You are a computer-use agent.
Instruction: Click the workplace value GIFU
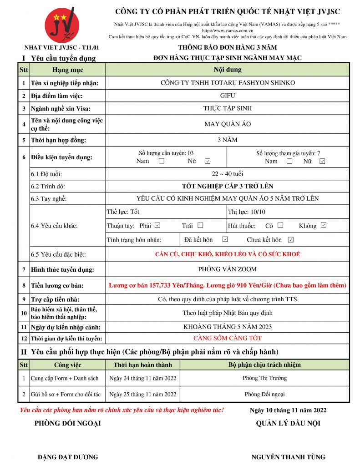(227, 96)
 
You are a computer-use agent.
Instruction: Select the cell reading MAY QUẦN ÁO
(227, 124)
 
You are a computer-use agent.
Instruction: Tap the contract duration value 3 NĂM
(227, 140)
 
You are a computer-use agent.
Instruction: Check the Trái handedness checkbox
(200, 225)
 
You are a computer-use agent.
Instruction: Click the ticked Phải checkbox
(157, 225)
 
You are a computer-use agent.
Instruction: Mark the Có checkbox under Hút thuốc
(280, 225)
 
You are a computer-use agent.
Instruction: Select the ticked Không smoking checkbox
(324, 225)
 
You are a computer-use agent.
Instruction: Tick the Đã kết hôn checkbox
(225, 239)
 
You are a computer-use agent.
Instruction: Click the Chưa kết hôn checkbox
(291, 239)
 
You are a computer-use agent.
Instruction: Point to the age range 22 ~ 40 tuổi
(227, 174)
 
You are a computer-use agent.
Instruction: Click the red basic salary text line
(227, 285)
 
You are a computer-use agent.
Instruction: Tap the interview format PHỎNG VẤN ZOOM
(227, 269)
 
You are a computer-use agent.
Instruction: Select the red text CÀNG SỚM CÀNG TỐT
(227, 338)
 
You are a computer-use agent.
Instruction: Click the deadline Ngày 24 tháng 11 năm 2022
(142, 378)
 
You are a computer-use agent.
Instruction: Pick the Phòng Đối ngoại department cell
(264, 394)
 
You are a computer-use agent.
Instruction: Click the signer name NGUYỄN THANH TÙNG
(288, 457)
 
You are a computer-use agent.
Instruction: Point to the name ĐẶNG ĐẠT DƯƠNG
(68, 457)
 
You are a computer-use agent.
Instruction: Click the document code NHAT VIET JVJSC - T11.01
(62, 47)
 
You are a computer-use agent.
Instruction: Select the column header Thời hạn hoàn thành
(142, 365)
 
